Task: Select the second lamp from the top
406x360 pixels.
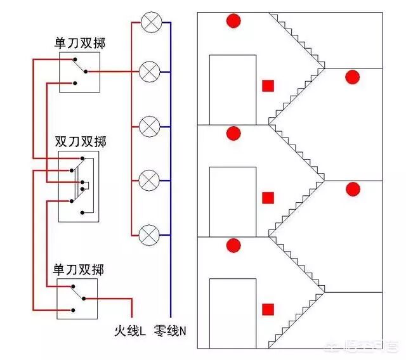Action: coord(150,71)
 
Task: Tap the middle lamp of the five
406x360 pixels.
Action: coord(150,125)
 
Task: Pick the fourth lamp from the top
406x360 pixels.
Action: coord(150,180)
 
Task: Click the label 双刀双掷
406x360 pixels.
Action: coord(80,141)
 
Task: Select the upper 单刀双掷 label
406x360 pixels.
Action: coord(80,44)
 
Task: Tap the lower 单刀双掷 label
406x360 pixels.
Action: coord(79,269)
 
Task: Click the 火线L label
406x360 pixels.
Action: coord(130,330)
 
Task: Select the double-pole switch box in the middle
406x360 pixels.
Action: coord(79,186)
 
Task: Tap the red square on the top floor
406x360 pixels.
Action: coord(268,86)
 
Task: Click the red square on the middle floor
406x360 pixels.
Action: coord(268,197)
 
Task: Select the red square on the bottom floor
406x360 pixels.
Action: coord(268,309)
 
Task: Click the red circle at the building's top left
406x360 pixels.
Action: coord(234,21)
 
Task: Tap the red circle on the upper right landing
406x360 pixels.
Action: coord(352,77)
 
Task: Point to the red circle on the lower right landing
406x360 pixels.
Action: coord(352,189)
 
